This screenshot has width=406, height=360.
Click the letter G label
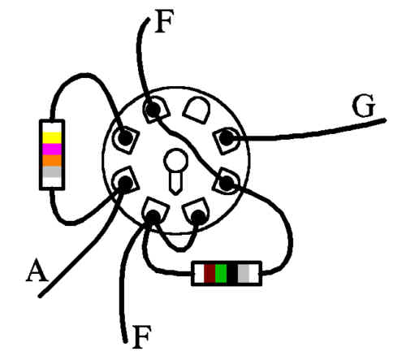coord(364,106)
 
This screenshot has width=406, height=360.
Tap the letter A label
coord(37,271)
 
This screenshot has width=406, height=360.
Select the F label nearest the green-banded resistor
coord(141,336)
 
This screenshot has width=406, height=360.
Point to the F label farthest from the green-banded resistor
coord(164,21)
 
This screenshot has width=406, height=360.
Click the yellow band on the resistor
coord(52,137)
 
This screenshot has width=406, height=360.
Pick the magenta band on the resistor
coord(52,150)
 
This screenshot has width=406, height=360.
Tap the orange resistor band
coord(52,161)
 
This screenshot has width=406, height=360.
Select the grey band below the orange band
coord(52,172)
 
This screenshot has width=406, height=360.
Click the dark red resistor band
coord(209,274)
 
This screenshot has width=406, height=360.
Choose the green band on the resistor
coord(221,274)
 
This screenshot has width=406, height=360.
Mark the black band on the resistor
coord(232,274)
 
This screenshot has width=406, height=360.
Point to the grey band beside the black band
coord(244,274)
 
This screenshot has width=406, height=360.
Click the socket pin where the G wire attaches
coord(227,138)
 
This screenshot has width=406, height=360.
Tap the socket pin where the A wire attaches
coord(125,183)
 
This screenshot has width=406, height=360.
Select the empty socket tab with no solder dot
coord(197,110)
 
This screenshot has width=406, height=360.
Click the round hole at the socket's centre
coord(175,161)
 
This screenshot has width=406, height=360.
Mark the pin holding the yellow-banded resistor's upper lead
coord(125,137)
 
